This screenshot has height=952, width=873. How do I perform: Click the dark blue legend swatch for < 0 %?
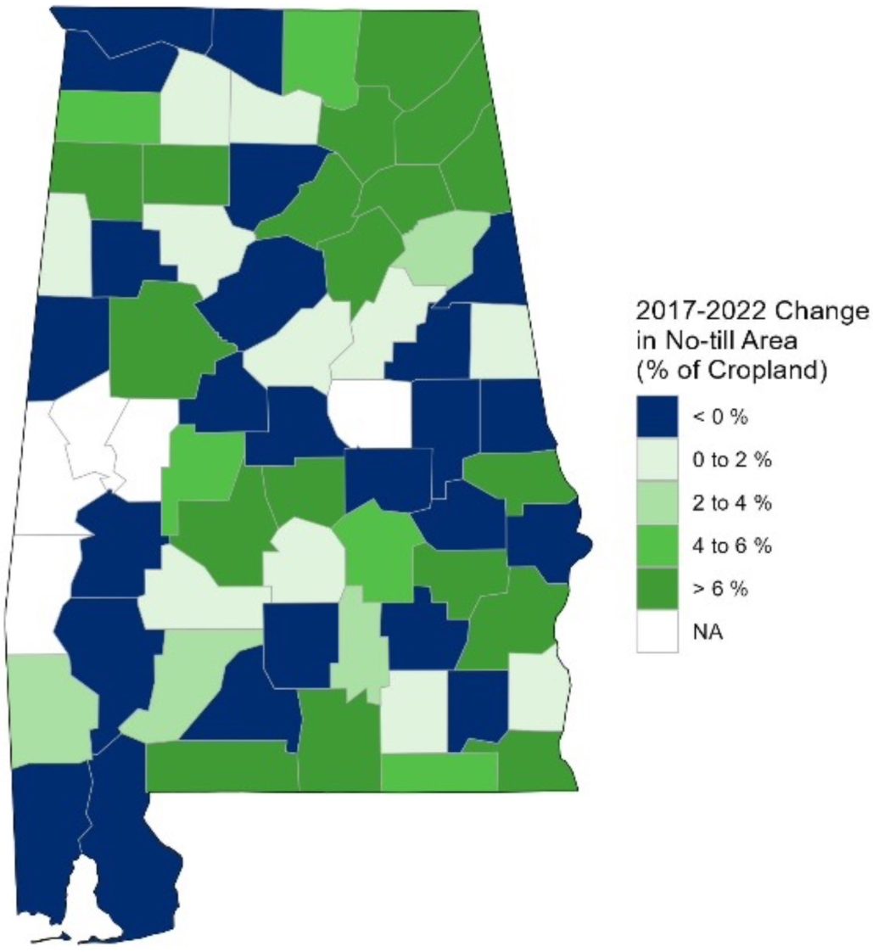[x=658, y=417]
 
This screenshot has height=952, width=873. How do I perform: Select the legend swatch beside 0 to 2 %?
[x=658, y=460]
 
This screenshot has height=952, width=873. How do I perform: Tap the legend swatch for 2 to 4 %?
[x=658, y=502]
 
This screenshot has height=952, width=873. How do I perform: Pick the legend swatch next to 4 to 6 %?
[x=658, y=545]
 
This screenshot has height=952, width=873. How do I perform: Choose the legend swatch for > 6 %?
[x=658, y=587]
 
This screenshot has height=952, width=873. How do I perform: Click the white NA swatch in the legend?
[x=658, y=630]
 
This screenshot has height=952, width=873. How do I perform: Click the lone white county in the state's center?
[x=371, y=413]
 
